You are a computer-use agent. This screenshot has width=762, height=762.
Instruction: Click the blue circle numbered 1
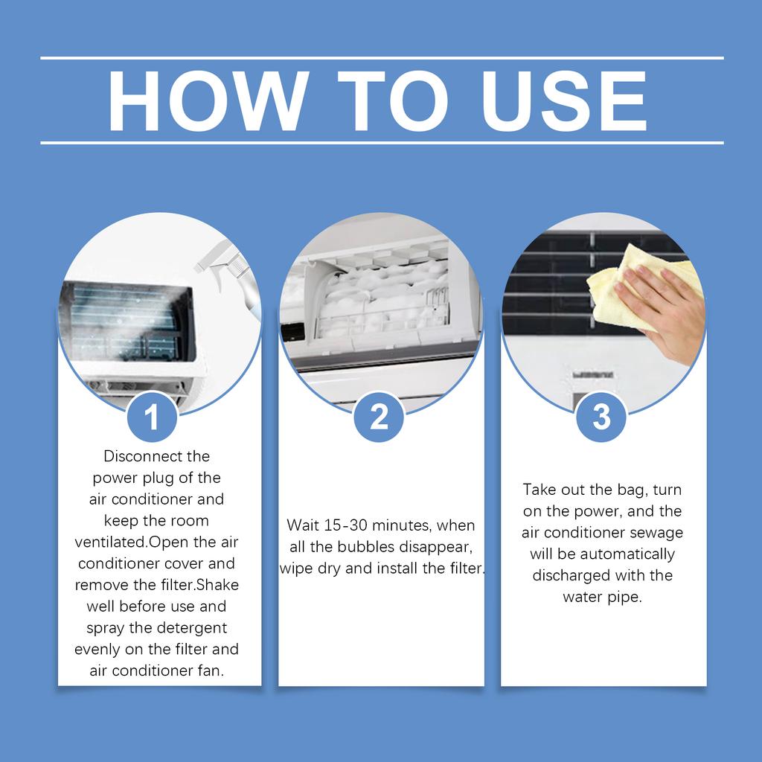click(152, 417)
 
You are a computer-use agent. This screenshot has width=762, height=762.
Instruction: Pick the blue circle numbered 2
click(379, 417)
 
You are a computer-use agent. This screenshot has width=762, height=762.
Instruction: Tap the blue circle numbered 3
click(601, 417)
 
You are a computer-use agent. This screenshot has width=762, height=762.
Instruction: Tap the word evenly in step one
click(98, 649)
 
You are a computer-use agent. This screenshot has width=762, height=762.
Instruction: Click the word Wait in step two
click(303, 525)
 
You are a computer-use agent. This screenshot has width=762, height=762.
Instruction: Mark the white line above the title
click(381, 57)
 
